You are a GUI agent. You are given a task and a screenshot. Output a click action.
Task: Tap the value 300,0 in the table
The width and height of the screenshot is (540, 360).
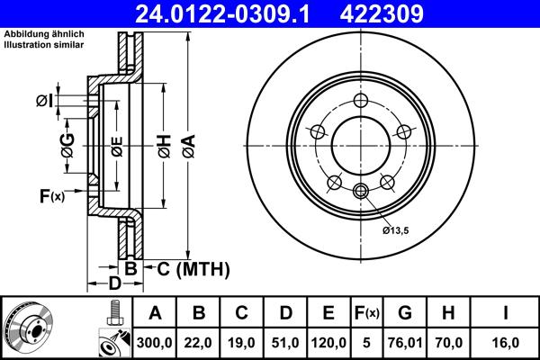click(x=155, y=343)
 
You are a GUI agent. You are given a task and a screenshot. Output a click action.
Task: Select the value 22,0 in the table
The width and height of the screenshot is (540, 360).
click(x=200, y=343)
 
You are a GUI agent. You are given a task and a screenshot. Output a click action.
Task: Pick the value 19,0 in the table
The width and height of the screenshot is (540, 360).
click(x=242, y=343)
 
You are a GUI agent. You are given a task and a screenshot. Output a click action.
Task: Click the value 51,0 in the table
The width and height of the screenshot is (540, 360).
click(x=285, y=343)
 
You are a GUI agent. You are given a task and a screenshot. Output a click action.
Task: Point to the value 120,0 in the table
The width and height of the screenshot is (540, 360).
click(x=328, y=343)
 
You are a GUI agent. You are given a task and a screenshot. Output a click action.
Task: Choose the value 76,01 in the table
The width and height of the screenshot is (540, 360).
click(x=405, y=343)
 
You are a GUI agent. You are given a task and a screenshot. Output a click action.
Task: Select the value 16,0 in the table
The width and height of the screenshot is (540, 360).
click(x=506, y=343)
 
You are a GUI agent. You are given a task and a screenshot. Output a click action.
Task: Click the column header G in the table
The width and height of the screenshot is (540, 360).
click(x=405, y=313)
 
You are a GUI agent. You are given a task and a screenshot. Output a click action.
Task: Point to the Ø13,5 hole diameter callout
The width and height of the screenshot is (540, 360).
click(x=397, y=230)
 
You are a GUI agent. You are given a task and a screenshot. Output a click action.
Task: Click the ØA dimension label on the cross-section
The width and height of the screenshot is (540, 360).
click(x=188, y=144)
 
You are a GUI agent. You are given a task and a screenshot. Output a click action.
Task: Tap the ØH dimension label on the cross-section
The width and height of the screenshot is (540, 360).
click(x=164, y=144)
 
